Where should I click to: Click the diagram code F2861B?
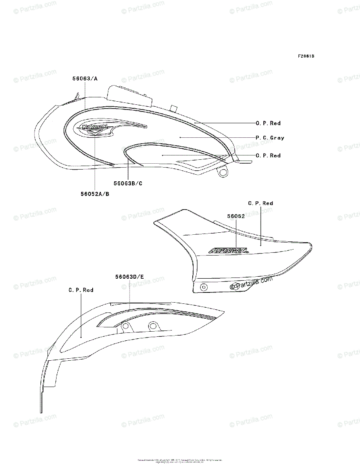point(306,56)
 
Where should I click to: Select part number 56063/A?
point(85,78)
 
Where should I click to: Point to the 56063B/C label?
point(128,183)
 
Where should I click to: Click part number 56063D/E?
point(130,277)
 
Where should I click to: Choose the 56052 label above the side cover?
point(236,216)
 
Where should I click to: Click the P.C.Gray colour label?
point(270,138)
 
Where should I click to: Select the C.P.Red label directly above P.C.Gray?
point(268,123)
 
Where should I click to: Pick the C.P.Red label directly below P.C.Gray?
point(268,155)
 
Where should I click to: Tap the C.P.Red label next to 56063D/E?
point(81,290)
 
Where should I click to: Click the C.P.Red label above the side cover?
point(261,203)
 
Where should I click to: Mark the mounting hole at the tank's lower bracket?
point(223,172)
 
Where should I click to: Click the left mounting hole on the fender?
point(126,326)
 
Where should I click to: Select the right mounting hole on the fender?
point(152,326)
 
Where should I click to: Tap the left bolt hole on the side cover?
point(203,287)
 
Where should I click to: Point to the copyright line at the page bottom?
point(180,461)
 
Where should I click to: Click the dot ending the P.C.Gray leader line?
point(180,138)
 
